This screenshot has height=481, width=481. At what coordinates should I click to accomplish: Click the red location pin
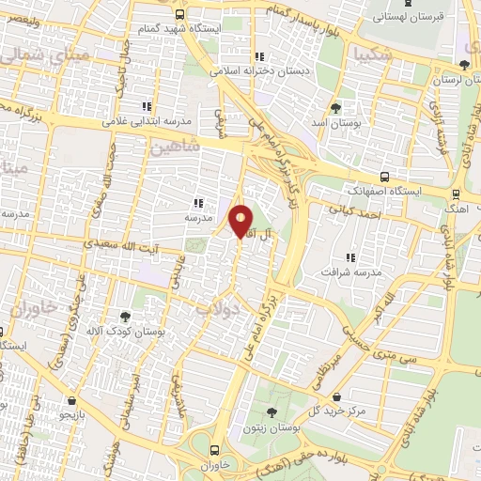click(241, 221)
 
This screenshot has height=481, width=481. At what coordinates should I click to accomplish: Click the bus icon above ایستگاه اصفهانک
click(384, 176)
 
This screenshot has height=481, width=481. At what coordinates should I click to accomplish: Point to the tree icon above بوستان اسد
click(337, 109)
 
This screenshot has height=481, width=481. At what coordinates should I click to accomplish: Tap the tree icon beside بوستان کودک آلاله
click(126, 317)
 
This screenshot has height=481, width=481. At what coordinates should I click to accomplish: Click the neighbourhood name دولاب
click(222, 307)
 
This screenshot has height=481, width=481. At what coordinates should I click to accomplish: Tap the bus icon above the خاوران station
click(215, 449)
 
